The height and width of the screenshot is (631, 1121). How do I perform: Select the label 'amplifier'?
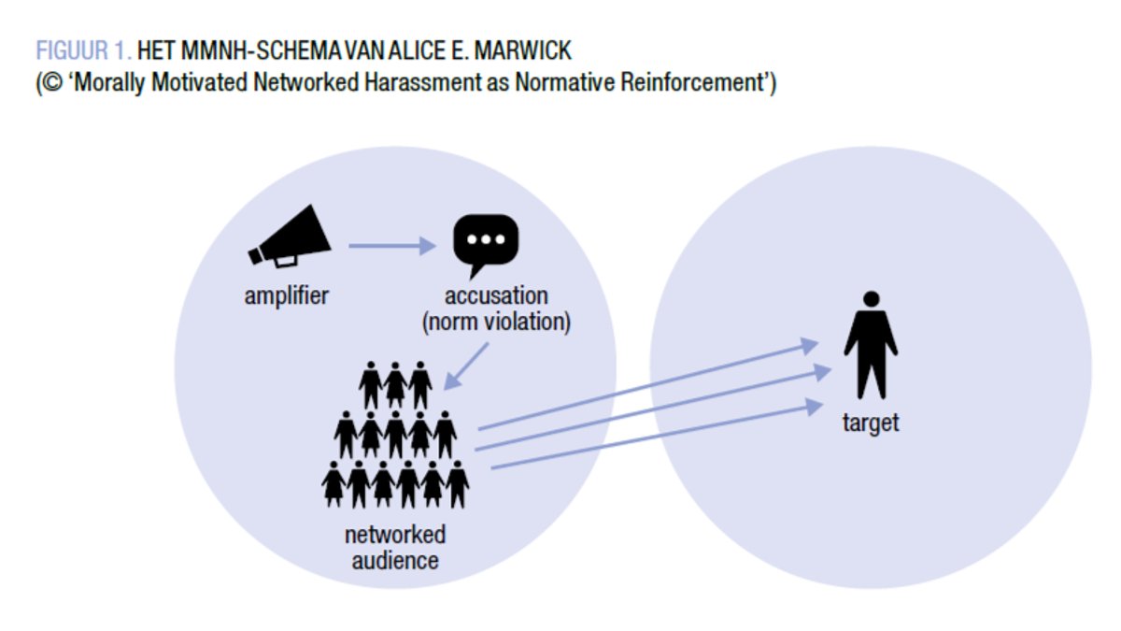pyautogui.click(x=287, y=297)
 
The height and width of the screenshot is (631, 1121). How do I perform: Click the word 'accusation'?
pyautogui.click(x=496, y=297)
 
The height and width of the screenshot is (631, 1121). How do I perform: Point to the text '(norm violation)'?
pyautogui.click(x=496, y=323)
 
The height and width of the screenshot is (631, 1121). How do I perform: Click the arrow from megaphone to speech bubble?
pyautogui.click(x=392, y=247)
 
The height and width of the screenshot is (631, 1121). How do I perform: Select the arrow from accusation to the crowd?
pyautogui.click(x=467, y=366)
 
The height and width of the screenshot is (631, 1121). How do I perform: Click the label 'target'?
pyautogui.click(x=871, y=423)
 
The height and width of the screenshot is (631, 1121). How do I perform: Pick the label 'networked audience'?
pyautogui.click(x=395, y=548)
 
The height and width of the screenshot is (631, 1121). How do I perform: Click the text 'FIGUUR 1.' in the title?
pyautogui.click(x=83, y=50)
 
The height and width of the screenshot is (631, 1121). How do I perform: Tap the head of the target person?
pyautogui.click(x=871, y=299)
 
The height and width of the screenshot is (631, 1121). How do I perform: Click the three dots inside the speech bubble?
pyautogui.click(x=485, y=237)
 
